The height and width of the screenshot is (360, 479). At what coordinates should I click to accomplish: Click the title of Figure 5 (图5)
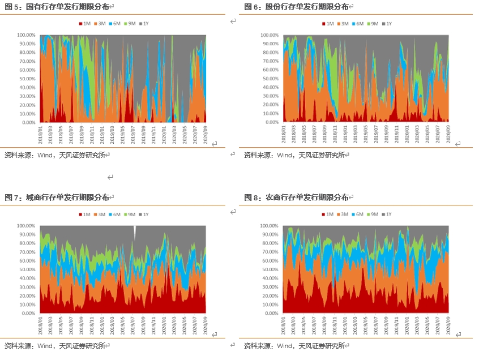coord(57,7)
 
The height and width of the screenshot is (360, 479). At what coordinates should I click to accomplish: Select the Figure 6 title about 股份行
coord(296,7)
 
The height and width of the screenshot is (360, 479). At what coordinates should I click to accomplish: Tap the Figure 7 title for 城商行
coord(57,197)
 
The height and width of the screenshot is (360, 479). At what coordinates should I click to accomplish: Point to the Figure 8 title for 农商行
coord(296,197)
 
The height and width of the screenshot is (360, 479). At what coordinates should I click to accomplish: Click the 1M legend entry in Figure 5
coord(85,24)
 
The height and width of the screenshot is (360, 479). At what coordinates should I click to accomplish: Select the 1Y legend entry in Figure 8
coord(388,215)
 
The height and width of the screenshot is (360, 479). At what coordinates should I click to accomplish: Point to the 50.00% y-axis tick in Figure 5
coord(27,79)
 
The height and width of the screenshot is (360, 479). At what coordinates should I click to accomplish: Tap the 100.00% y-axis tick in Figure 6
coord(270,35)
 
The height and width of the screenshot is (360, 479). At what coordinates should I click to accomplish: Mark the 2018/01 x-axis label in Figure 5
coord(41,135)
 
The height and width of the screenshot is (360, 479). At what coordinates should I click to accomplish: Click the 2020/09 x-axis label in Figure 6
coord(448,135)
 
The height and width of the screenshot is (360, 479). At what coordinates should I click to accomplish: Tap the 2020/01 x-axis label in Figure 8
coord(408,325)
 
